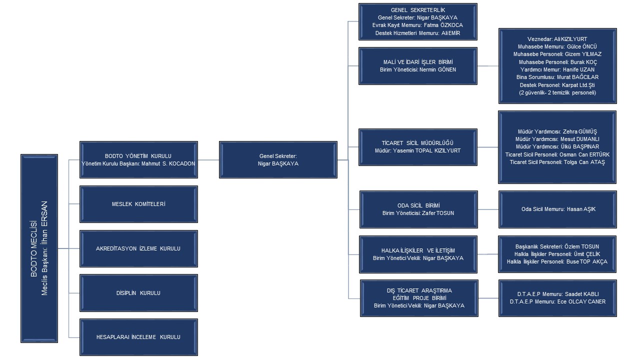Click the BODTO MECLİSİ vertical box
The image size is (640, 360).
coord(39,249)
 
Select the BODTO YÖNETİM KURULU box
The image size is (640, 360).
coord(138,159)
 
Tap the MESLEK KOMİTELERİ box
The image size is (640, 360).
coord(138,204)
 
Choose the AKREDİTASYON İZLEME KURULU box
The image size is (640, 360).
coord(138,248)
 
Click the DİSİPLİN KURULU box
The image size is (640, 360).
coord(138,292)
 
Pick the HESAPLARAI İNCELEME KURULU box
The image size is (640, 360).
coord(138,337)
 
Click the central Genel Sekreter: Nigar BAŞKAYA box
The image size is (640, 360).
coord(278,159)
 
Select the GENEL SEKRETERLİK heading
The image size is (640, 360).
coord(417,9)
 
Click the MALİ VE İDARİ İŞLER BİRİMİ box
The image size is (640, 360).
coord(417,65)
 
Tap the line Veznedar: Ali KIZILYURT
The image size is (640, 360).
coord(557,39)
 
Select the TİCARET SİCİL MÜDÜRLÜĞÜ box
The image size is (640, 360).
coord(417,146)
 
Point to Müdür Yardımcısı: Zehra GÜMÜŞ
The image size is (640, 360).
coord(557,131)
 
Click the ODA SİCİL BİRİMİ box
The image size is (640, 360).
coord(417,209)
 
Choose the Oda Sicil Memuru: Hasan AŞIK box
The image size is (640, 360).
coord(557,209)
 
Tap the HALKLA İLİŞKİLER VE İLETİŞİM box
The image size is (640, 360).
coord(417,254)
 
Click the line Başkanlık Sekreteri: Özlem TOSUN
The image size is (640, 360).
coord(557,246)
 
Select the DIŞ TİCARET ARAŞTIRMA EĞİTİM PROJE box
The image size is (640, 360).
coord(417,298)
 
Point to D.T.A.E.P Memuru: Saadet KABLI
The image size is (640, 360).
coord(557,294)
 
